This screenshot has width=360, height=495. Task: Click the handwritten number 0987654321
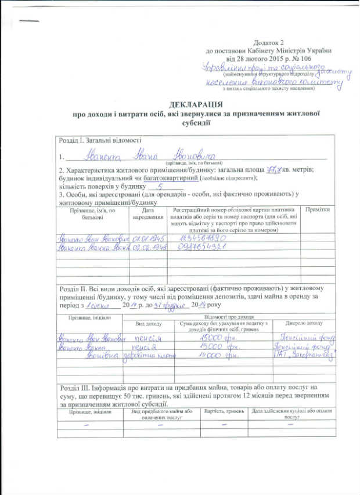click(194, 247)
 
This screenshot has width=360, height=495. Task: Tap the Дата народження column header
click(148, 213)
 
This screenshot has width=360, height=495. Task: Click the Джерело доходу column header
click(304, 323)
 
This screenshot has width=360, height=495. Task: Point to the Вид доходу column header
click(149, 323)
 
